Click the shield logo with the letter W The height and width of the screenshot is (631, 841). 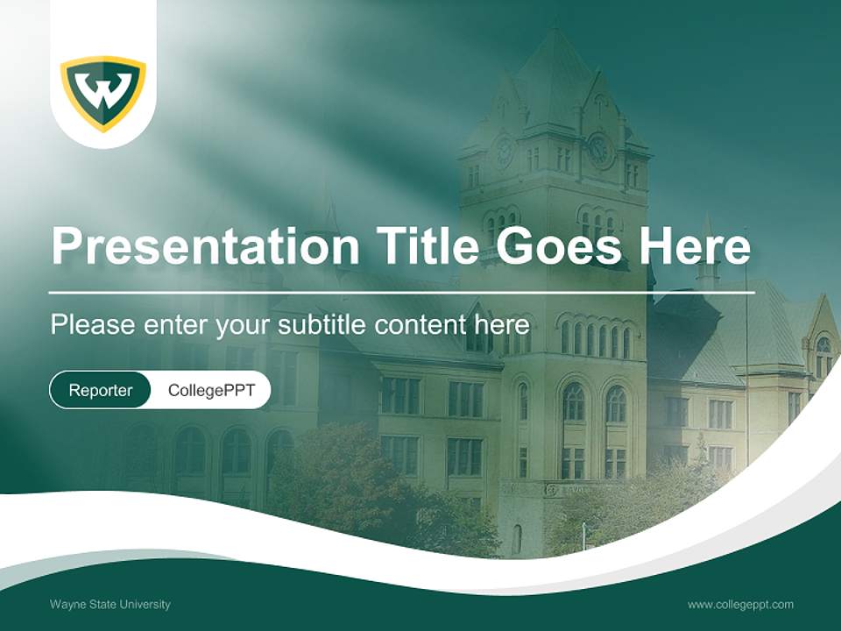point(103,92)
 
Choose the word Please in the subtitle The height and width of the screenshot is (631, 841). point(90,325)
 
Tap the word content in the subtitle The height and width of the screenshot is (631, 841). point(418,325)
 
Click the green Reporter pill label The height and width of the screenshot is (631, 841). point(100,390)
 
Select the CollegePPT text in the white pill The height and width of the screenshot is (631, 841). point(211,390)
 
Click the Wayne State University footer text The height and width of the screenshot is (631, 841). point(110,604)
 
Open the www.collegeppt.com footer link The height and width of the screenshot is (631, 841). point(740,604)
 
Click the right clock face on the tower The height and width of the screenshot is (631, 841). point(600,150)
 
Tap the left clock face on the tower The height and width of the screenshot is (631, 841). point(504,152)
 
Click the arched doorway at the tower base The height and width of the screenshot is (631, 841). point(516,538)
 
